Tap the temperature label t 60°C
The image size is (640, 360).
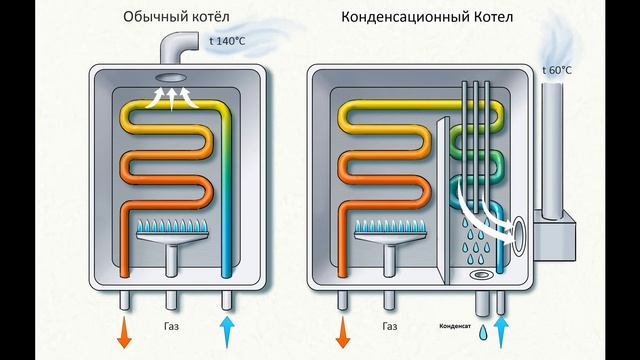[x=557, y=70]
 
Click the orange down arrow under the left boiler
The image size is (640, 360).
[x=124, y=333]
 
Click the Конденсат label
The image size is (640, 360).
[x=455, y=326]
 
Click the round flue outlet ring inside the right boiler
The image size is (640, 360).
[x=521, y=232]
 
